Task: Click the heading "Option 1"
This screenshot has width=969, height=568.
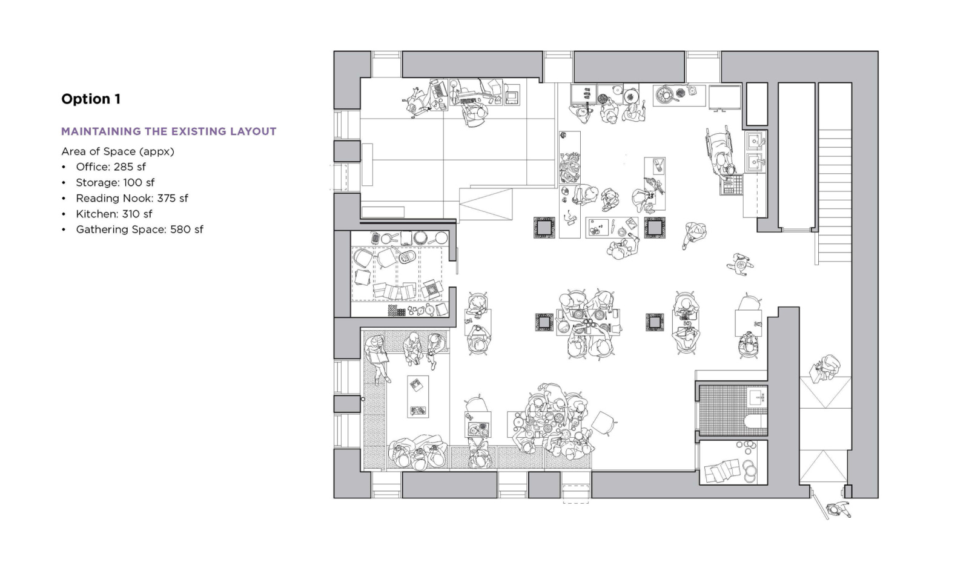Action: click(91, 99)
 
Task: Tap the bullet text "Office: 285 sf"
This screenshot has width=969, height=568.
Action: click(111, 167)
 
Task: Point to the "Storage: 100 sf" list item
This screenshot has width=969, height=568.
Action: click(115, 182)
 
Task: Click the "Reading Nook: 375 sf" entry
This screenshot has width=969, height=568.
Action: click(132, 198)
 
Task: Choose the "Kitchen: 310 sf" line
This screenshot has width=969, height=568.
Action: click(114, 214)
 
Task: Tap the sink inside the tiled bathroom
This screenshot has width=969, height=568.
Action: click(757, 396)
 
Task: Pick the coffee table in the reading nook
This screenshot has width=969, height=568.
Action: click(418, 396)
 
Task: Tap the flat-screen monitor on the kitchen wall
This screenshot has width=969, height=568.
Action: click(724, 97)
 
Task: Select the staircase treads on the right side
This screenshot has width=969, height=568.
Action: click(835, 190)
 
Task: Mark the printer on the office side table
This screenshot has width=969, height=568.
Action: click(511, 95)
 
